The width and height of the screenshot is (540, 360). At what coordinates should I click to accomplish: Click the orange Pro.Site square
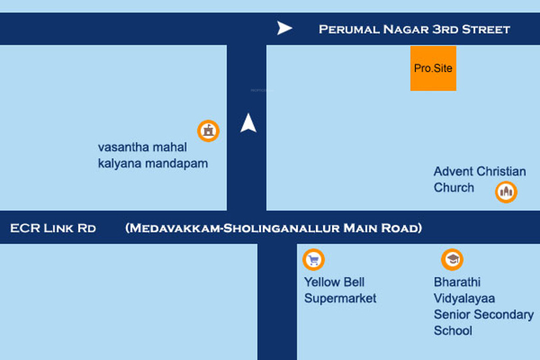point(433,68)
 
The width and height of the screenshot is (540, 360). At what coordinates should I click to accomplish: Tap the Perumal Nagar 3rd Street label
point(414,29)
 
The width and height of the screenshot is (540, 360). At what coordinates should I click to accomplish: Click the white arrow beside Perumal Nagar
point(285,28)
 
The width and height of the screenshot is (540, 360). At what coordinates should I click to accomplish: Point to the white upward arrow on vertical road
point(249,123)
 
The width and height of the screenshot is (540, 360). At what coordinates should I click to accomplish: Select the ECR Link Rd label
point(53,228)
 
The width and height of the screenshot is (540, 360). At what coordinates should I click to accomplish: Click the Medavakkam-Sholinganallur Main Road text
point(273,228)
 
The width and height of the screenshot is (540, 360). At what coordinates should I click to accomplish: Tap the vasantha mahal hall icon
point(209,131)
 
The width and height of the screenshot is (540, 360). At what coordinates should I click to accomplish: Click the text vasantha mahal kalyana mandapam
point(153,155)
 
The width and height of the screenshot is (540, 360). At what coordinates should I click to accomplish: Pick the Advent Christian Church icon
point(506,192)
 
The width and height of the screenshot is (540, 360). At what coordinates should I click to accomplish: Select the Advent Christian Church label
point(479,180)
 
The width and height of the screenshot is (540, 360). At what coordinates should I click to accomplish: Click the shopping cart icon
point(313,259)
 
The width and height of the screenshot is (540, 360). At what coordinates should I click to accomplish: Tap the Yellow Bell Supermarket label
point(340,290)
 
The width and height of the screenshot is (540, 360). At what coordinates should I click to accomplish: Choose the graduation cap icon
point(452,259)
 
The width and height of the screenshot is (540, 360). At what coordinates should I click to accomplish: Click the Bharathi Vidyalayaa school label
point(483,306)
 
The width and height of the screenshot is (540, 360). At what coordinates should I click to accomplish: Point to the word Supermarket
point(340,298)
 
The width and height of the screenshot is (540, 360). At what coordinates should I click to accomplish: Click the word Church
point(454,188)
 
